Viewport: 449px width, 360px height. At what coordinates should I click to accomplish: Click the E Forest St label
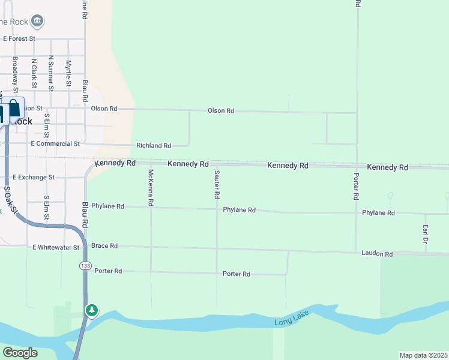pos(20,38)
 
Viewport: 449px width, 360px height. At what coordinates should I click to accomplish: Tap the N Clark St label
pos(34,74)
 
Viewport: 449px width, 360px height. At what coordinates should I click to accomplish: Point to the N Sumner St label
pos(51,73)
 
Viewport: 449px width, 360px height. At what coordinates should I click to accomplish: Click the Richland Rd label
pos(154,146)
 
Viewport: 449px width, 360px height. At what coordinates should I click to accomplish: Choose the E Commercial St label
pos(55,144)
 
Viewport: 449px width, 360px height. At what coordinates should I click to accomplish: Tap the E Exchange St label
pos(34,178)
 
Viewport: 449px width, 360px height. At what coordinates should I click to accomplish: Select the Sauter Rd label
pos(216,184)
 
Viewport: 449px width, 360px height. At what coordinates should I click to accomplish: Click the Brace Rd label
pos(105,246)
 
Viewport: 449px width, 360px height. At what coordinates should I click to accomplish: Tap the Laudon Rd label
pos(377,254)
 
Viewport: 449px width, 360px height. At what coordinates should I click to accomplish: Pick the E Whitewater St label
pos(56,247)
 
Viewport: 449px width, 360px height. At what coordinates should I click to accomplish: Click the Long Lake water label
pos(291,323)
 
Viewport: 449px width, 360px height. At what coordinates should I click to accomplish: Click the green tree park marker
pos(91,310)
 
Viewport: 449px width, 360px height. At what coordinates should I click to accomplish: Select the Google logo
pos(20,353)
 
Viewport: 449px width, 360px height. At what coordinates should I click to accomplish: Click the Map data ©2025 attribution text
pos(423,355)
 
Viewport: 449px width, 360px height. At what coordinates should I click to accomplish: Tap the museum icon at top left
pos(37,22)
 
